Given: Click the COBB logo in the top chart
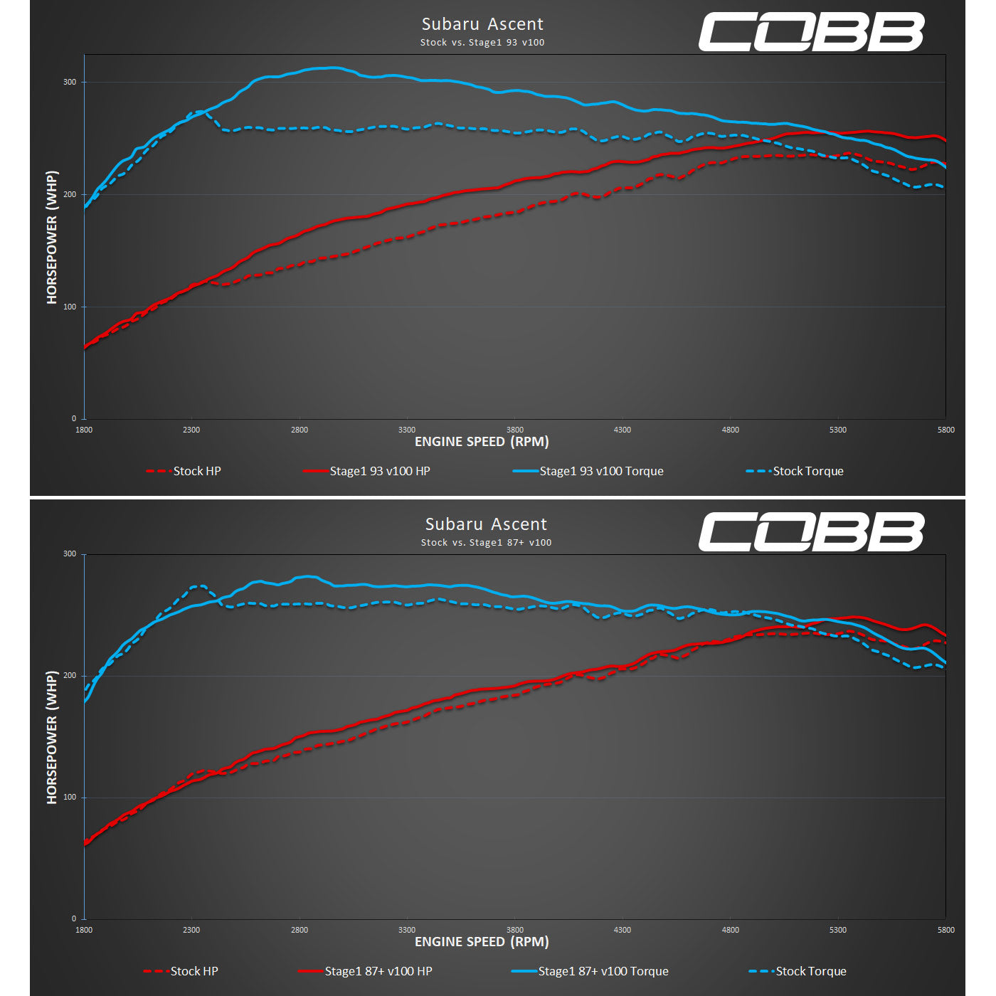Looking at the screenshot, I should coord(811,32).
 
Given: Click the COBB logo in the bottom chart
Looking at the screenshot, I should coord(811,532).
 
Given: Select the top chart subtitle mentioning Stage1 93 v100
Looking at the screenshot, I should coord(482,43).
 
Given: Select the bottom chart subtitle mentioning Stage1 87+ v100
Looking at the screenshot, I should coord(486,543).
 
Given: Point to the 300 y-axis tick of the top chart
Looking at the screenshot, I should coord(70,82).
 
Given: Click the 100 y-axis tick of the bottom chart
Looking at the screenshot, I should coord(70,797).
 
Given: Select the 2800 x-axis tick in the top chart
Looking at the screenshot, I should coord(300,430).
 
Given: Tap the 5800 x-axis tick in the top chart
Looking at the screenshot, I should coord(945,430).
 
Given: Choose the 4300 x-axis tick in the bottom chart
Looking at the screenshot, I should coord(622,930).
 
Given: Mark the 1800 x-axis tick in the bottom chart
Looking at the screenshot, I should coord(84,930).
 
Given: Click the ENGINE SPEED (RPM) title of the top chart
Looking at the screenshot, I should coord(482,442).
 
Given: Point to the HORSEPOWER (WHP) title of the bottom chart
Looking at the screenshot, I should coord(52,737).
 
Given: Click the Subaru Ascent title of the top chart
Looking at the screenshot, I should coord(482,24).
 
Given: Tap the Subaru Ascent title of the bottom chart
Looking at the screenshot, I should coord(486,524).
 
